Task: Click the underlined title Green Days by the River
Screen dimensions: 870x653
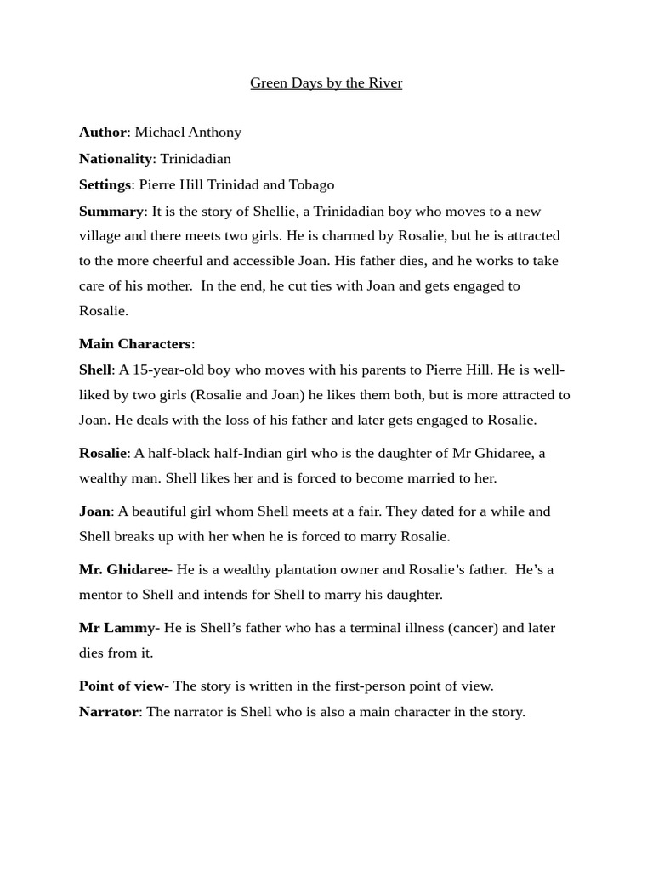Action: [x=326, y=83]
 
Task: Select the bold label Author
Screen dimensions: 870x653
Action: [x=103, y=133]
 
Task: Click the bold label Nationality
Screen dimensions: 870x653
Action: [x=115, y=159]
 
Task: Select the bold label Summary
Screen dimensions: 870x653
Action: [x=111, y=212]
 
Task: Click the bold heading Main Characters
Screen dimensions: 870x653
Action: [x=135, y=344]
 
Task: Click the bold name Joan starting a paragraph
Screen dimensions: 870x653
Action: [x=94, y=511]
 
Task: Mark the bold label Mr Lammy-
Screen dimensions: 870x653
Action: [x=119, y=628]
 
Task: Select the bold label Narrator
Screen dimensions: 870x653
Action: [x=108, y=712]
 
